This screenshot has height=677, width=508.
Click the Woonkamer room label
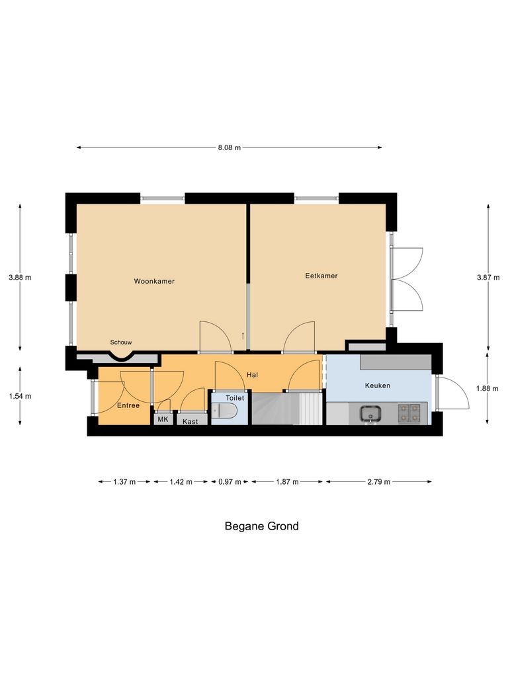point(154,281)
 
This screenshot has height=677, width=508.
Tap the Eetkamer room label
point(321,276)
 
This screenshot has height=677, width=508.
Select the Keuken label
point(378,385)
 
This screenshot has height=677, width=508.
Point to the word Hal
point(252,375)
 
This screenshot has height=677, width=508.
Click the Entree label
point(128,405)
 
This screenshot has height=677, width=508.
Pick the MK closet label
point(163,419)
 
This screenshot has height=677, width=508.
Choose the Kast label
point(190,421)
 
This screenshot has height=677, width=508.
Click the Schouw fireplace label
point(121,342)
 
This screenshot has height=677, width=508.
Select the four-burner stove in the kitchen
point(409,413)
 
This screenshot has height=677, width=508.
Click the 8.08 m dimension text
point(230,147)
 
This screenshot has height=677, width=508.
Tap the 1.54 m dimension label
point(20,396)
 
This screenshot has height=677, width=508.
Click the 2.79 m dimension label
point(378,482)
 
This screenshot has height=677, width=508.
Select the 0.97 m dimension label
point(230,482)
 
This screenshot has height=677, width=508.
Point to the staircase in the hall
point(287,409)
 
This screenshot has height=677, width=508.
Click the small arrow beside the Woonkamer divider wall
point(243,335)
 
